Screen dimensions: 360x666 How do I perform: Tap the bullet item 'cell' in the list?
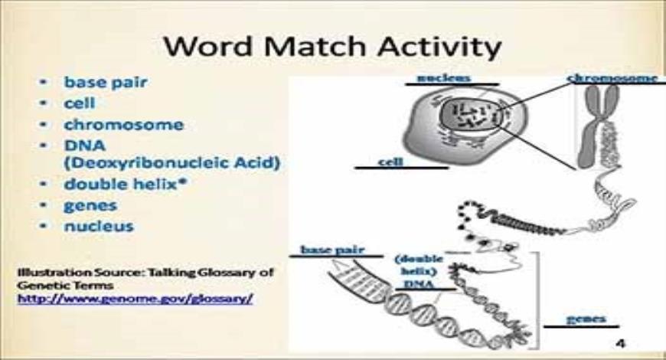80,102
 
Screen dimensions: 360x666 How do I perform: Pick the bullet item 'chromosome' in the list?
123,124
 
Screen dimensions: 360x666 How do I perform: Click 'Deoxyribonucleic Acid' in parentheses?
171,162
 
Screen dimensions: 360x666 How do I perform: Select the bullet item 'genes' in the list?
90,205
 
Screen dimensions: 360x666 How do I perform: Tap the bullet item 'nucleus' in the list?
99,226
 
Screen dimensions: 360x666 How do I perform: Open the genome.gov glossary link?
135,298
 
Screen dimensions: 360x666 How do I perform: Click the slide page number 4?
620,342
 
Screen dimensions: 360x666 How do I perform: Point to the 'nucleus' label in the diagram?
443,78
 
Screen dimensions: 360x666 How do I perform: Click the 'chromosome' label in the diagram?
612,78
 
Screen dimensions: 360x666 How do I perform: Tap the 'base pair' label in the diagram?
330,250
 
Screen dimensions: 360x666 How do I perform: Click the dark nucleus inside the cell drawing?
469,116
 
